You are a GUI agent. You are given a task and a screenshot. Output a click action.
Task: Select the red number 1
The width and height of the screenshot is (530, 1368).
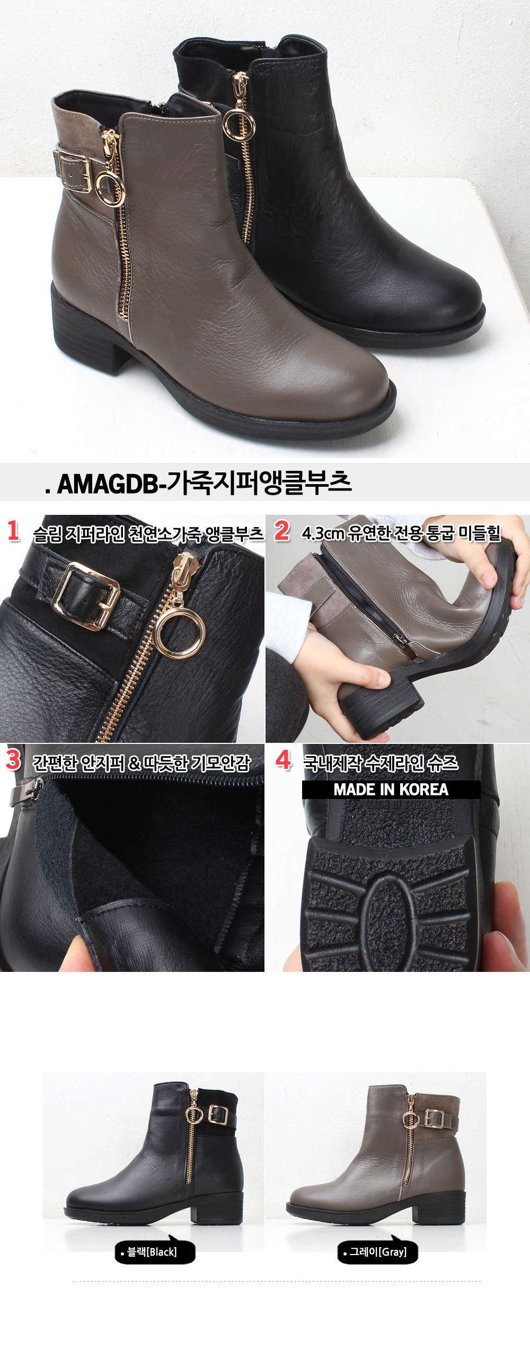tap(13, 531)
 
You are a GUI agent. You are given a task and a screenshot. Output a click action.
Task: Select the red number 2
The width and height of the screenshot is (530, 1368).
tap(282, 531)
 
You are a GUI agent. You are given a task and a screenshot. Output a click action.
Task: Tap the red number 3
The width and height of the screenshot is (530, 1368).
tap(13, 759)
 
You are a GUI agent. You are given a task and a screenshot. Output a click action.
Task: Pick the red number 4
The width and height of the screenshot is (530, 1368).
tap(284, 759)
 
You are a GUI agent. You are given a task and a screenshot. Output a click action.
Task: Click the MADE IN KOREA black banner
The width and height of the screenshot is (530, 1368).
tap(391, 790)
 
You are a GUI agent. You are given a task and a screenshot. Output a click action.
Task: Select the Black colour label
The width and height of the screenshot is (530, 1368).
tap(155, 1252)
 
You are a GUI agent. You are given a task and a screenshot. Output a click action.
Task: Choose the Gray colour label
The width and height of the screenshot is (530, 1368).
tap(377, 1252)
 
